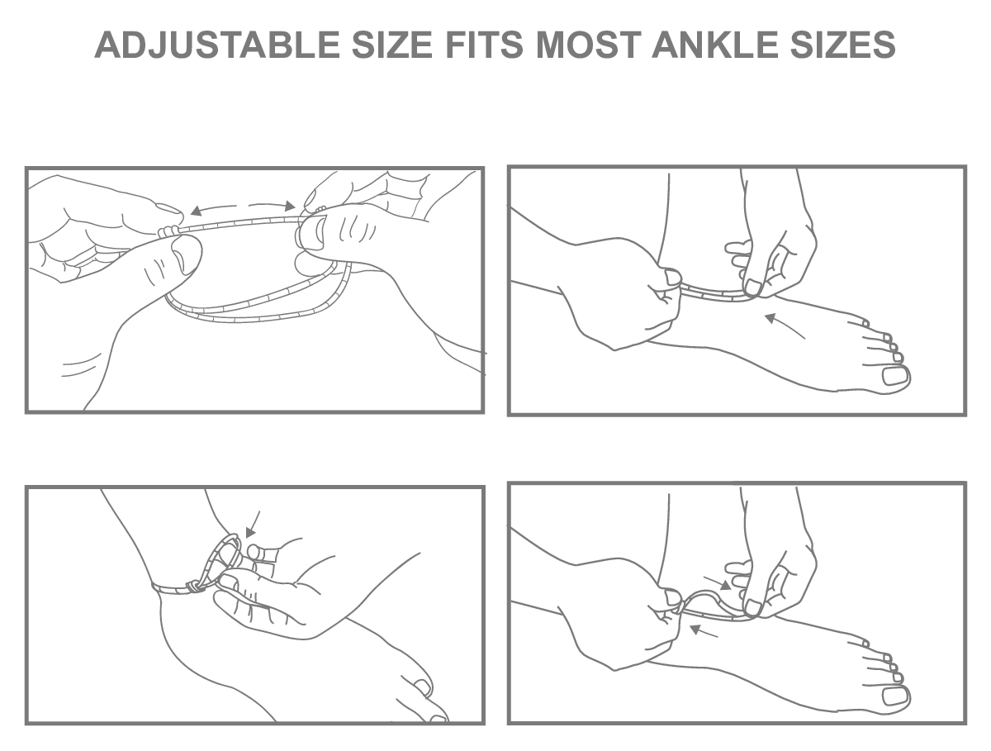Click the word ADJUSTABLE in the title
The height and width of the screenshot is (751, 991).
(216, 45)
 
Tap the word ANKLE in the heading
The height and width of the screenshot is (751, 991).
(715, 45)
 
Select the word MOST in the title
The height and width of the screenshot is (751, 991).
(589, 45)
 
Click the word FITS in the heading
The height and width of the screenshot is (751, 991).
(484, 45)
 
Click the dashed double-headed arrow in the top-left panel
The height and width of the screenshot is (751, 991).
(243, 207)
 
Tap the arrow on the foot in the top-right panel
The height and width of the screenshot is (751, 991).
(785, 326)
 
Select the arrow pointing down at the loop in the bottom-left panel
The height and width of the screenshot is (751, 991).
(253, 525)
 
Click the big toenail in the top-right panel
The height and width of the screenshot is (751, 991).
(895, 376)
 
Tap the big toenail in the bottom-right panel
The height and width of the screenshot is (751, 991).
(895, 696)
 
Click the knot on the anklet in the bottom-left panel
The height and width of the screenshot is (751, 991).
(193, 587)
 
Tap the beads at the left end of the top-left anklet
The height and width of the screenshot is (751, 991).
(168, 231)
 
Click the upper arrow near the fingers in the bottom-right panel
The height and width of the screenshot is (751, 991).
(717, 583)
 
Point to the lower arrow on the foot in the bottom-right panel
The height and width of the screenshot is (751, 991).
(704, 631)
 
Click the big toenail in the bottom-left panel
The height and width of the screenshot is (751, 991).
(423, 687)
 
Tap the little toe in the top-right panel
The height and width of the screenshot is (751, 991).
(859, 322)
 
